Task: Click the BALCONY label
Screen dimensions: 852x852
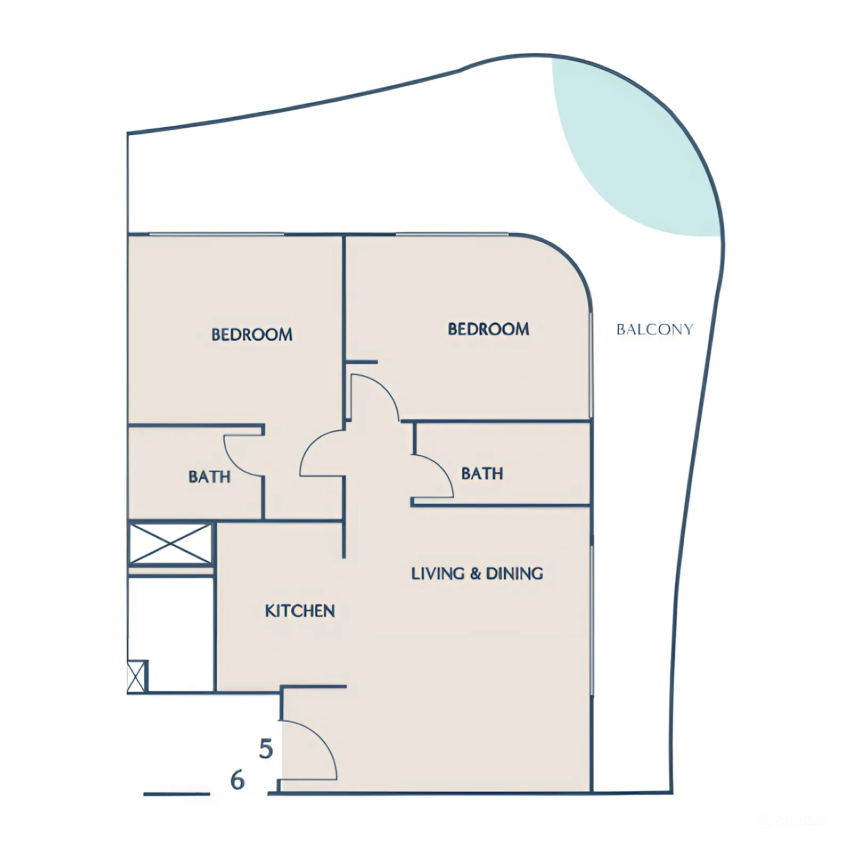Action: tap(654, 330)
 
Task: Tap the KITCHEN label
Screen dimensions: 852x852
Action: tap(300, 611)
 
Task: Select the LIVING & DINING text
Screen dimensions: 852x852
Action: tap(477, 574)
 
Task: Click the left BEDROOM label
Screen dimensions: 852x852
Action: tap(252, 334)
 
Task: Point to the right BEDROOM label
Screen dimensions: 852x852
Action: tap(488, 329)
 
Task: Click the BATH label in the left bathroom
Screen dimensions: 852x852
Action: tap(209, 477)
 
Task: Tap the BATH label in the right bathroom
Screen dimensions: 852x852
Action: tap(482, 473)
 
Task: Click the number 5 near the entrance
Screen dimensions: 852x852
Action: tap(266, 749)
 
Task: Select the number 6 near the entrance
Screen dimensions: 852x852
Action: tap(237, 780)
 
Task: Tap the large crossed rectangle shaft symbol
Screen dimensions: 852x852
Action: tap(170, 544)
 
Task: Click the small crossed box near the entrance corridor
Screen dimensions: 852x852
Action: tap(136, 676)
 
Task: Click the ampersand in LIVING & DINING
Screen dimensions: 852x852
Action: tap(476, 574)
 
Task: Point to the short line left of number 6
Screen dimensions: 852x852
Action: tap(176, 794)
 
